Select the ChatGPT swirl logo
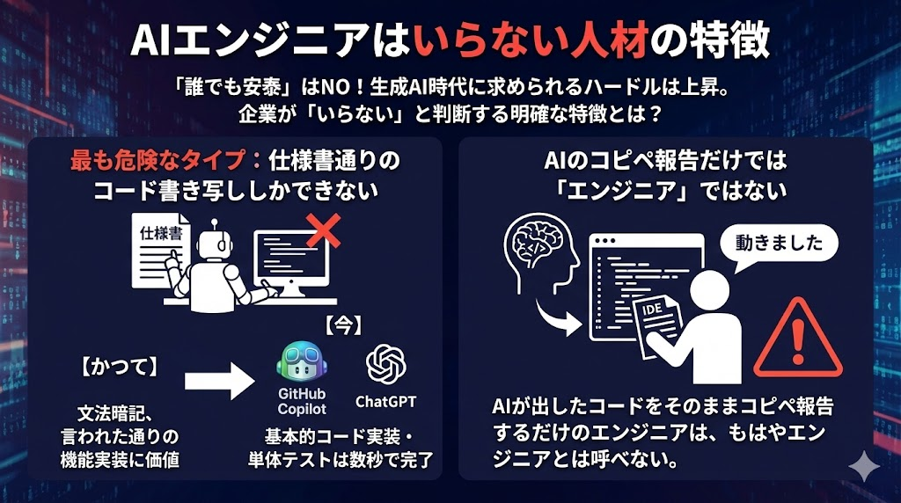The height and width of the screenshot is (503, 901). (x=385, y=363)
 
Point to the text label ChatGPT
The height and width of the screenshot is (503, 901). (x=385, y=402)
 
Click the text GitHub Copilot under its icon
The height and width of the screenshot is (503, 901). (x=301, y=401)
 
